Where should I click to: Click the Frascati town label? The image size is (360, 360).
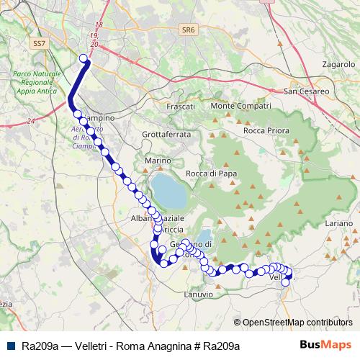[181, 106]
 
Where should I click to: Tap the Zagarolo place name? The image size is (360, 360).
[320, 64]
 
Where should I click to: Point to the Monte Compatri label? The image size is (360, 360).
[235, 106]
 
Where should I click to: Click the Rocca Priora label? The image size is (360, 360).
[266, 130]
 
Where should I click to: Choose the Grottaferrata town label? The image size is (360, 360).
[166, 135]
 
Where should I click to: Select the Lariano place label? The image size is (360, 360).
[338, 224]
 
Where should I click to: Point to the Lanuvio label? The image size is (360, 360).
[198, 294]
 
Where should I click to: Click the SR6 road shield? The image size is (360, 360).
[189, 30]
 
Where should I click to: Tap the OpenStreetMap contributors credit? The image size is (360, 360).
[297, 322]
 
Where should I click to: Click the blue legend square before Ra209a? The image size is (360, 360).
[11, 346]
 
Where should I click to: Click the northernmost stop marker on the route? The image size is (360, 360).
[84, 58]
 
